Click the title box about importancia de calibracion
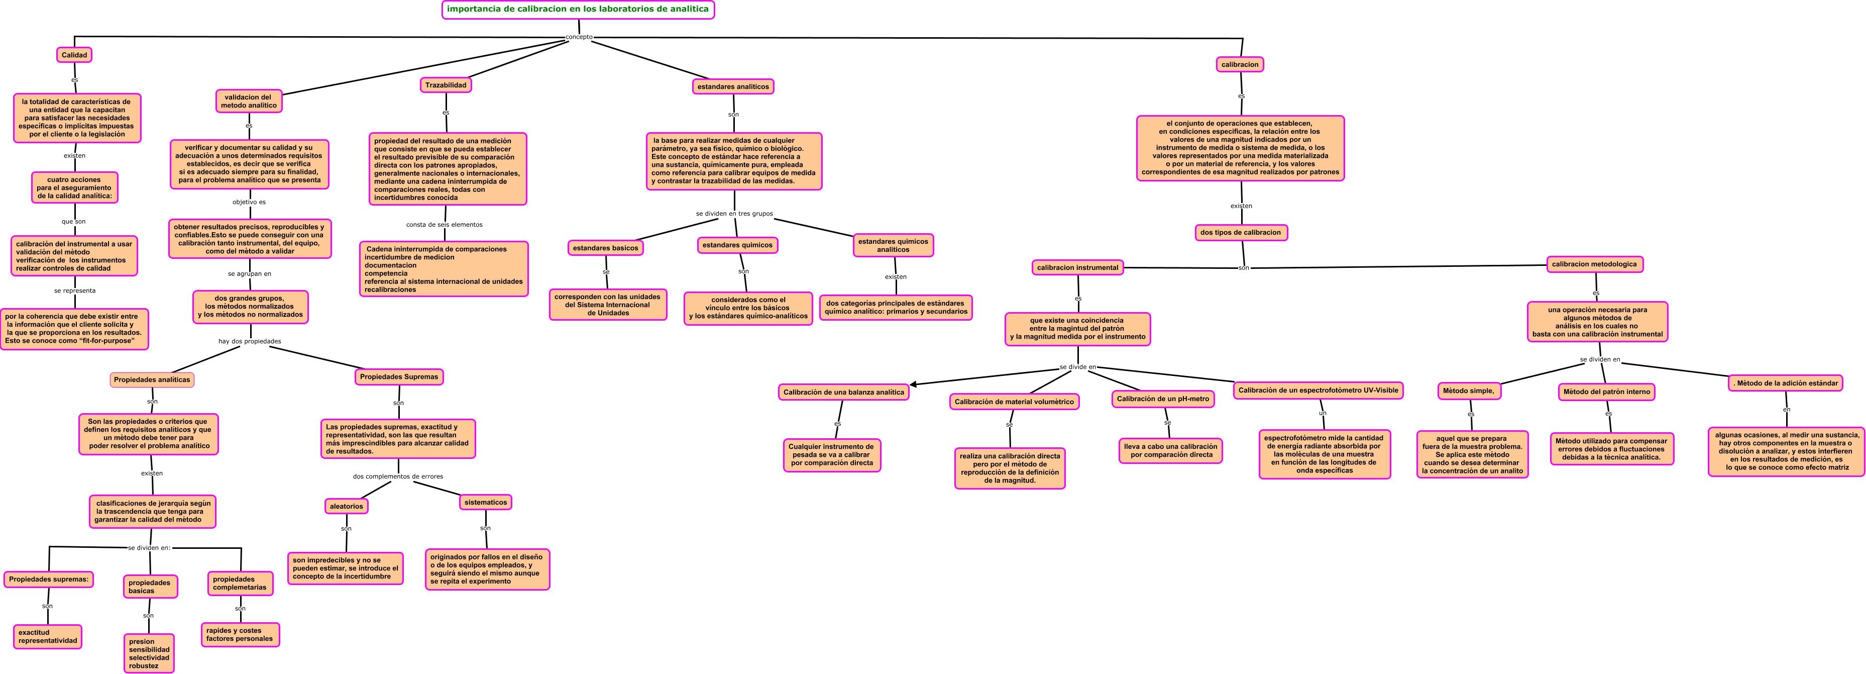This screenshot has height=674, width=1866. click(x=578, y=10)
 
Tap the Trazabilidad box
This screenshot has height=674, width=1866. click(x=446, y=85)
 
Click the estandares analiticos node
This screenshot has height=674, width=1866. click(x=733, y=87)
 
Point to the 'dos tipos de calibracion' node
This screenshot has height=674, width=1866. click(x=1240, y=233)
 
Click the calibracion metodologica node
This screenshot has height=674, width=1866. click(x=1594, y=264)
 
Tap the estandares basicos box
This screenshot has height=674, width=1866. click(x=606, y=248)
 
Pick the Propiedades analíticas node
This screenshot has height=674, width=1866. click(x=152, y=380)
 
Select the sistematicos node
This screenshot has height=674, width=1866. click(x=485, y=502)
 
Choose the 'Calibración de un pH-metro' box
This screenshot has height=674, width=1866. click(x=1163, y=399)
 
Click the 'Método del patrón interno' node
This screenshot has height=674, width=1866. click(x=1607, y=392)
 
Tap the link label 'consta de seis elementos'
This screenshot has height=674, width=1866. click(x=444, y=225)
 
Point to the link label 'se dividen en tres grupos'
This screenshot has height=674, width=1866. click(x=734, y=214)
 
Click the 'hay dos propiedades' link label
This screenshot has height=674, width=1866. click(x=250, y=341)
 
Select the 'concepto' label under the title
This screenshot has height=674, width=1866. click(x=579, y=37)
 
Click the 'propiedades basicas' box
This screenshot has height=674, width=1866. click(x=150, y=587)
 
